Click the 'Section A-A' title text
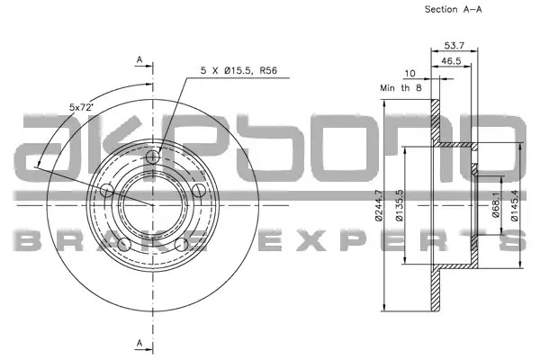454,9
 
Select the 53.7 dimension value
454,45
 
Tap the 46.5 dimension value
451,61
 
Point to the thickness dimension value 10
409,74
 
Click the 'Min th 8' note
400,88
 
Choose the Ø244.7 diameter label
379,205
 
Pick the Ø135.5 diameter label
399,205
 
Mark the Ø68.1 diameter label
496,204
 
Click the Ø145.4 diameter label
515,205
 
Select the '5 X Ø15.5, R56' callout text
239,70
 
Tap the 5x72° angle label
82,107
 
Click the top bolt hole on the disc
153,157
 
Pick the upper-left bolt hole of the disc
107,190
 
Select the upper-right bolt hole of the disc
199,190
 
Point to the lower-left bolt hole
124,245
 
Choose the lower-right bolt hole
181,245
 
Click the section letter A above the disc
139,59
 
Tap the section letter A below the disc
139,343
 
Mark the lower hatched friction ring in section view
436,290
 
